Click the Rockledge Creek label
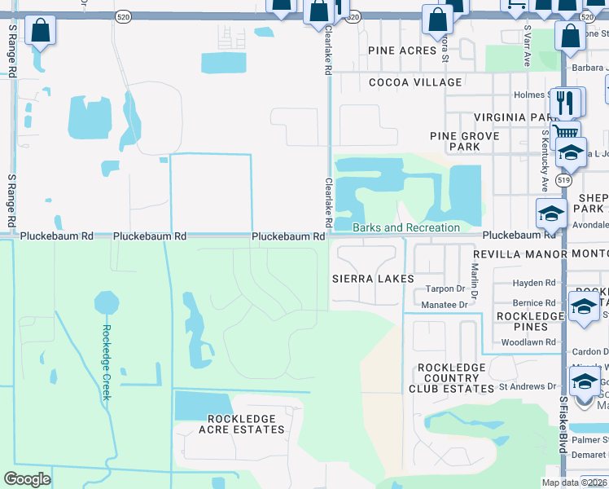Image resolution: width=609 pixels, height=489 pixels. pyautogui.click(x=105, y=363)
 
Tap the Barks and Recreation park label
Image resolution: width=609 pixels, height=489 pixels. pyautogui.click(x=406, y=227)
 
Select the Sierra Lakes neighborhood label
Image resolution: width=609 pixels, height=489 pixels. pyautogui.click(x=373, y=279)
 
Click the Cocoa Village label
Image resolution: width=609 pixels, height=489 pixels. pyautogui.click(x=415, y=82)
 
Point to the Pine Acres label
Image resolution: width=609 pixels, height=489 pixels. pyautogui.click(x=402, y=51)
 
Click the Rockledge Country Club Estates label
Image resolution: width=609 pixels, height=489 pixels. pyautogui.click(x=451, y=377)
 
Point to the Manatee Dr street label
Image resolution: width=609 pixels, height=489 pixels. pyautogui.click(x=445, y=305)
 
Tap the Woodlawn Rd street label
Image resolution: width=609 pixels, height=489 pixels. pyautogui.click(x=528, y=343)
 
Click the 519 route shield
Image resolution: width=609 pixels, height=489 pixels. pyautogui.click(x=563, y=180)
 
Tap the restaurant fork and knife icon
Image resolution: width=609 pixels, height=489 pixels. pyautogui.click(x=567, y=102)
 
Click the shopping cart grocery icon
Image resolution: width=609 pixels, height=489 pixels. pyautogui.click(x=565, y=131)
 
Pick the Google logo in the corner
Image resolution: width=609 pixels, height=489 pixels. pyautogui.click(x=27, y=479)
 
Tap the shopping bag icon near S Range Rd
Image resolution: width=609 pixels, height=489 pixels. pyautogui.click(x=39, y=32)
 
